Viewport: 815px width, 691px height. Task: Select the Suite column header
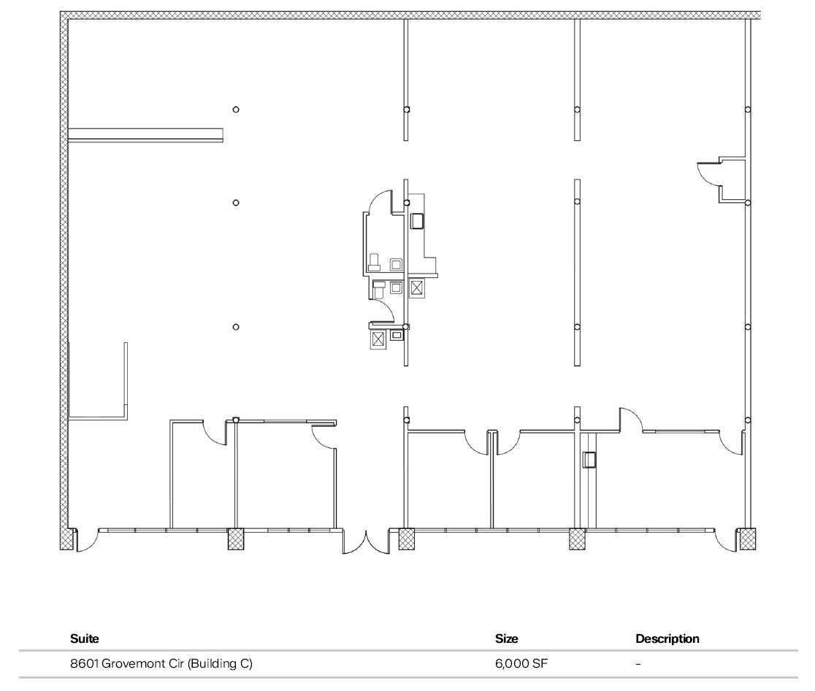[x=84, y=638]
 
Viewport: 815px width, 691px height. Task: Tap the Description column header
[x=667, y=638]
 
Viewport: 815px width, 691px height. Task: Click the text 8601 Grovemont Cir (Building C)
[x=161, y=664]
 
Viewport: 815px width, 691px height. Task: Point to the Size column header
[x=506, y=638]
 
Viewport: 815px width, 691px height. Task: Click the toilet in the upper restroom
[x=374, y=263]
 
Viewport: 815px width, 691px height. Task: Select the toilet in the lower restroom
[x=378, y=290]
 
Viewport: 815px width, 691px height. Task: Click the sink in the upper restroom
[x=397, y=264]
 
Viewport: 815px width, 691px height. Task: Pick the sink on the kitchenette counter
[x=418, y=220]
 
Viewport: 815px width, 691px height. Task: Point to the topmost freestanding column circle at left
[x=235, y=109]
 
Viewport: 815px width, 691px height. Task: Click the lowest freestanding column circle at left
[x=235, y=327]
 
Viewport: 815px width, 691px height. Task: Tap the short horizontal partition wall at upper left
[x=145, y=134]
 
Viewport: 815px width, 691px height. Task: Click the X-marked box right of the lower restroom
[x=416, y=287]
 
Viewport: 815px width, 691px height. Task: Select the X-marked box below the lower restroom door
[x=378, y=339]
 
